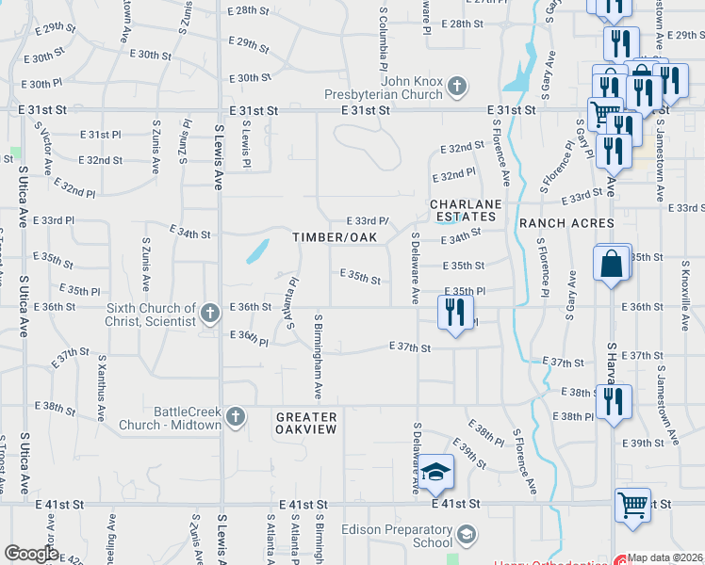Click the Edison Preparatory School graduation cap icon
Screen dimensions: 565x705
[x=466, y=536]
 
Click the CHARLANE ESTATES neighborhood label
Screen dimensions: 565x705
[x=465, y=210]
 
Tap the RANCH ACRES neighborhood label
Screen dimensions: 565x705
[x=566, y=223]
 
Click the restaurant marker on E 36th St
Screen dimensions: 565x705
[x=455, y=312]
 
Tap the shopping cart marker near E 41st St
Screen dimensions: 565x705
[x=632, y=504]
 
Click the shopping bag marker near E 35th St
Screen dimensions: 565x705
[x=612, y=265]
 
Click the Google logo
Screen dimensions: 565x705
[x=31, y=554]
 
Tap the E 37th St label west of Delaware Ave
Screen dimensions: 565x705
[x=410, y=348]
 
